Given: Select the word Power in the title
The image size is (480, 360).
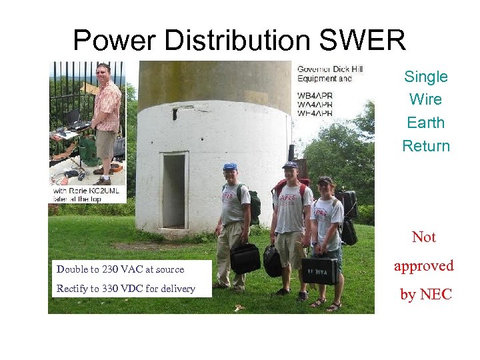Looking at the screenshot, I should pos(114,41).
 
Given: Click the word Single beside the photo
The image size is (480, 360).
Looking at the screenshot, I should pos(425,77).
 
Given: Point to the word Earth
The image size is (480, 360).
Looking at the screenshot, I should pos(425,123).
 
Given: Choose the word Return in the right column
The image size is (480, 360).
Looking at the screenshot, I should pos(425,146).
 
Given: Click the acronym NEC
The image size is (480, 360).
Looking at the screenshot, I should pos(437,294).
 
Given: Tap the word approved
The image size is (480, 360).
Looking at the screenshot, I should pos(423,266).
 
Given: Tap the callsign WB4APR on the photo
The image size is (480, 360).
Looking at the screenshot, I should pos(315,95).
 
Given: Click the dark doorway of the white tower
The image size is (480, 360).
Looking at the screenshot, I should pos(174,191).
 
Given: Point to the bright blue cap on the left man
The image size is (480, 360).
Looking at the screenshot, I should pos(230,167).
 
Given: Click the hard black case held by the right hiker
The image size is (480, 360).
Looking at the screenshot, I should pos(319,270).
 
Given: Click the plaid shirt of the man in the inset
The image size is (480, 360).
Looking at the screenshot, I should pos(108,104).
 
